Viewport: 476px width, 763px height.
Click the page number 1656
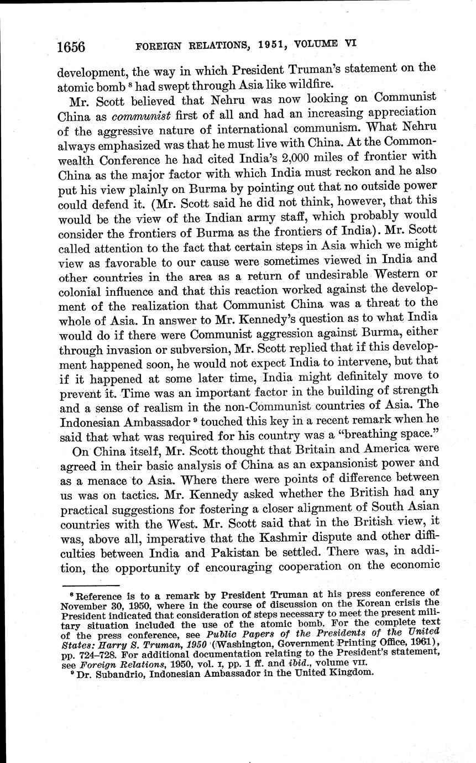coord(71,48)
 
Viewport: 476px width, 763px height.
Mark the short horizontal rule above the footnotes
coord(91,584)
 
